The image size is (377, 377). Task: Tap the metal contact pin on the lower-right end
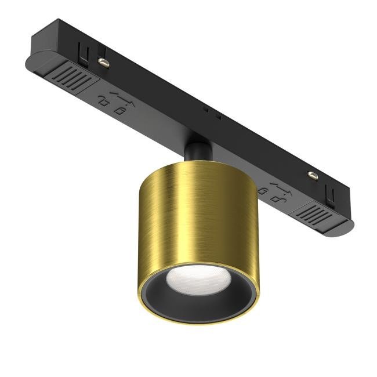[314, 175]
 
